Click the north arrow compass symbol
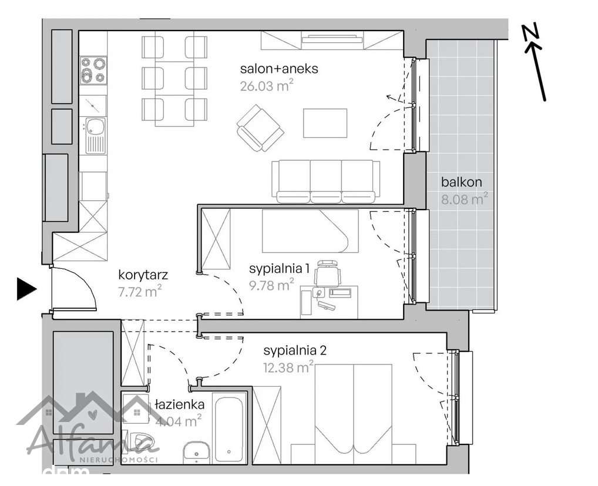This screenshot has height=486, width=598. (536, 62)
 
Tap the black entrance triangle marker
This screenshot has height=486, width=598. (26, 288)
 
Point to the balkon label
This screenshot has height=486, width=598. (462, 182)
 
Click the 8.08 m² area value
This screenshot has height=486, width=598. (464, 199)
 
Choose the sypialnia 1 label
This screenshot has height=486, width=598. (279, 269)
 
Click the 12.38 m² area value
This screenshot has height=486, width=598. (288, 368)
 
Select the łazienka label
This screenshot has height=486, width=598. (180, 404)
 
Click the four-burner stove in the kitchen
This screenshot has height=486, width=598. (94, 69)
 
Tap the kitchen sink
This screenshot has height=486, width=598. (94, 132)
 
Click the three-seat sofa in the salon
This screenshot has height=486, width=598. (324, 181)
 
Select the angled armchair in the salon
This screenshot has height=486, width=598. (260, 127)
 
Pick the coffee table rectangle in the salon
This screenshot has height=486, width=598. (325, 123)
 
